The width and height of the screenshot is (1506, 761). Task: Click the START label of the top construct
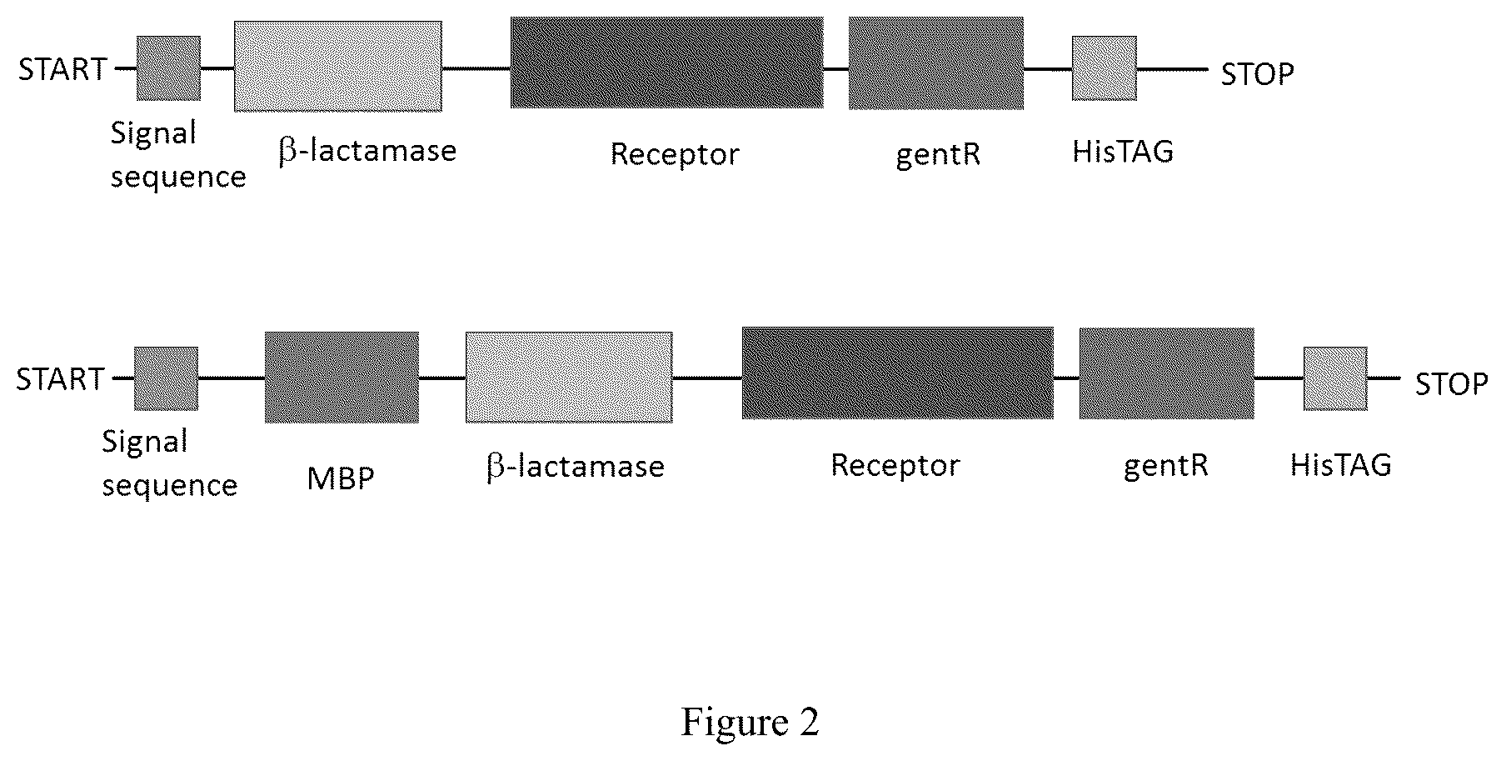tap(62, 69)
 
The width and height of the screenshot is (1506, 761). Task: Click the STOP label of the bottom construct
tap(1451, 384)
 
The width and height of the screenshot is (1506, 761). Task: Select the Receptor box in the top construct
tap(666, 63)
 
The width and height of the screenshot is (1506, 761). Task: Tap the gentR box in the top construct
tap(935, 63)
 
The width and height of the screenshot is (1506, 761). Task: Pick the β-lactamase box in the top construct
tap(338, 66)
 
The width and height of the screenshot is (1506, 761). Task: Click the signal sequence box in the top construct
tap(168, 68)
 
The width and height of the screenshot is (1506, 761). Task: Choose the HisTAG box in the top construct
tap(1104, 68)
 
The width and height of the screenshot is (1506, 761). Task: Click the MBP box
tap(342, 378)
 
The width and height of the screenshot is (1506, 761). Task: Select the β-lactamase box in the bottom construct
tap(569, 378)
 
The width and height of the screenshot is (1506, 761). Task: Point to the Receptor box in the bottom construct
tap(897, 373)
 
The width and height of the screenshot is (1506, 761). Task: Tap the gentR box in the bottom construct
tap(1166, 373)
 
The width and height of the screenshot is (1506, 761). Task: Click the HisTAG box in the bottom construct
tap(1335, 378)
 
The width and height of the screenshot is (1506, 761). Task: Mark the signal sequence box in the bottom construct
tap(167, 378)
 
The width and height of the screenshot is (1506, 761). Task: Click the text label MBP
tap(341, 479)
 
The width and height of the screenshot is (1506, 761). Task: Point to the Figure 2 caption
tap(751, 722)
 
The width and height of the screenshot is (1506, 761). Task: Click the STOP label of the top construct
tap(1257, 74)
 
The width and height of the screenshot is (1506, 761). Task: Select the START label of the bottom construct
tap(60, 379)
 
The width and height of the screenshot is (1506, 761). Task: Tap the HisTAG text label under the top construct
tap(1122, 152)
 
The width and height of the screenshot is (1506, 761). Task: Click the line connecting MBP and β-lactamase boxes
tap(441, 378)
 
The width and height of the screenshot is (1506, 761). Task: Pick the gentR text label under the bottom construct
tap(1165, 466)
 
